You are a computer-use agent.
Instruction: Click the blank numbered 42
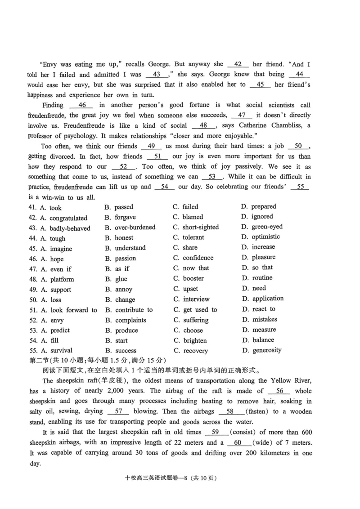point(238,64)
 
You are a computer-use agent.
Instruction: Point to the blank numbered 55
point(300,187)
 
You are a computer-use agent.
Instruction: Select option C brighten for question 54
point(195,341)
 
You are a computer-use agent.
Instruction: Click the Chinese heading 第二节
point(40,360)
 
